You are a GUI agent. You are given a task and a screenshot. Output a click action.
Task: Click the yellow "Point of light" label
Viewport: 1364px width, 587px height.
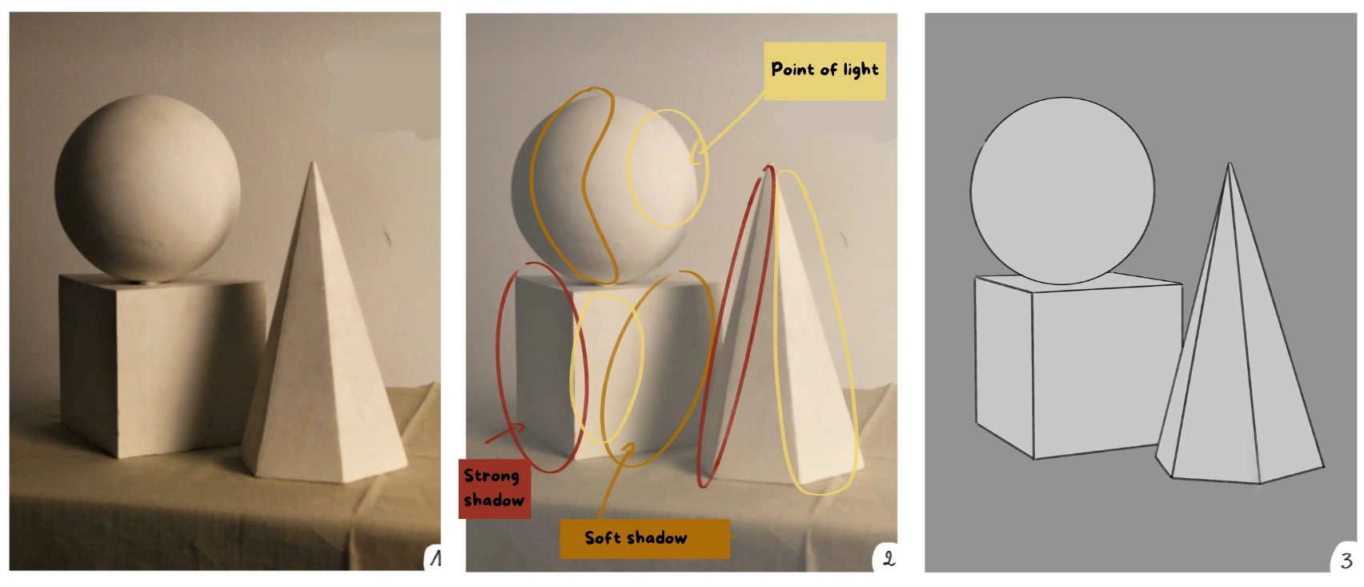[824, 70]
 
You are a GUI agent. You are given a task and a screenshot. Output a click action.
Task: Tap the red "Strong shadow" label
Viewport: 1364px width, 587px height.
[494, 488]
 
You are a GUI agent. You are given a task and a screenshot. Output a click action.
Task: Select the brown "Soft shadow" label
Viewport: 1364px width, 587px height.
[644, 538]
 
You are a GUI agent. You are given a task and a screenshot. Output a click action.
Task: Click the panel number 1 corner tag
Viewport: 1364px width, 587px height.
[435, 558]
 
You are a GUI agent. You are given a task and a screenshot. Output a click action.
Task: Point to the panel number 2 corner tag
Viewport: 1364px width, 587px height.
[888, 558]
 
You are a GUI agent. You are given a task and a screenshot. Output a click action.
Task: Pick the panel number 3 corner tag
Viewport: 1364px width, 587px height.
[1346, 560]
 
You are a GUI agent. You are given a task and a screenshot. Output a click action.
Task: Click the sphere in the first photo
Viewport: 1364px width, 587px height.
[147, 188]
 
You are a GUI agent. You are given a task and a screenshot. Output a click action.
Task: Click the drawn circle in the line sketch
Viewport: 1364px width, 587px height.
[1062, 191]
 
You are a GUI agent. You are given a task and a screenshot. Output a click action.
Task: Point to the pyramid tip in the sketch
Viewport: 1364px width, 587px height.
[1230, 165]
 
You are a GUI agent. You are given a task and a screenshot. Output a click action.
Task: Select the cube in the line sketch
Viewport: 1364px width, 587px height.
[1073, 368]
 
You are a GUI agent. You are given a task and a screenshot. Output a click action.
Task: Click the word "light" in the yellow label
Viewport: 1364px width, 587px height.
[861, 70]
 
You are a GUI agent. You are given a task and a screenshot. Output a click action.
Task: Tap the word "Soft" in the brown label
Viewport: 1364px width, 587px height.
[602, 538]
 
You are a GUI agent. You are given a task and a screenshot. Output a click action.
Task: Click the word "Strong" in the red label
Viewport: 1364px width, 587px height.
[491, 476]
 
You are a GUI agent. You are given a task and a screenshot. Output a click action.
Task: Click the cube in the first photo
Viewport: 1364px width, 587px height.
[160, 364]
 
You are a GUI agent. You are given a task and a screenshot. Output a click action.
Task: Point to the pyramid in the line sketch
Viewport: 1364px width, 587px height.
[1237, 384]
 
